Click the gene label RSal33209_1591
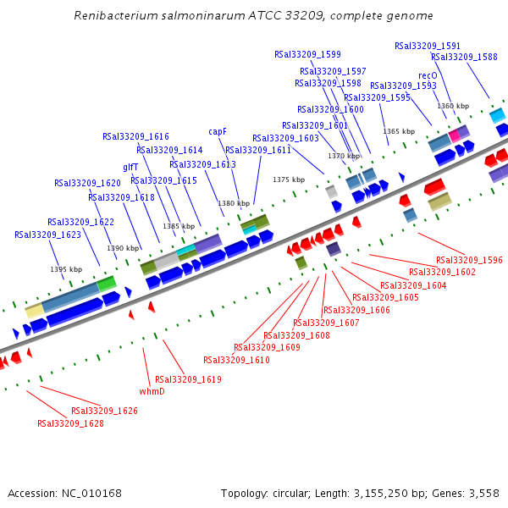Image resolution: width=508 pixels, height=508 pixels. (428, 46)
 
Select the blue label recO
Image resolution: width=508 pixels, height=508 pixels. (428, 75)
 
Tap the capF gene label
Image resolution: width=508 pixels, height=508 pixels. (218, 131)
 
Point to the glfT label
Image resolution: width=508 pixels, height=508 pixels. (130, 167)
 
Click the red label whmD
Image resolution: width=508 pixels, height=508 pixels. (152, 391)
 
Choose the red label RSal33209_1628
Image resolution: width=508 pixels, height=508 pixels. (70, 423)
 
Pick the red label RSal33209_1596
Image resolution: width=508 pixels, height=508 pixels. (469, 261)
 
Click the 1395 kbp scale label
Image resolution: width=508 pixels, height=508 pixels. (66, 269)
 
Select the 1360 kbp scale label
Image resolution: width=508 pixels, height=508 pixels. (453, 106)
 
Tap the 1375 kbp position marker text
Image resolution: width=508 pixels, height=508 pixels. (289, 179)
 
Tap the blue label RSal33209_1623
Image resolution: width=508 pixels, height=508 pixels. (47, 235)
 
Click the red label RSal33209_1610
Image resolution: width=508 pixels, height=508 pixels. (236, 361)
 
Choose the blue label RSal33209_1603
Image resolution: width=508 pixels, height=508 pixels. (285, 138)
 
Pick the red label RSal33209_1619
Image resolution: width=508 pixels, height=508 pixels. (188, 379)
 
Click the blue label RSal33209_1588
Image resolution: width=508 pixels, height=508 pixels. (464, 57)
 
